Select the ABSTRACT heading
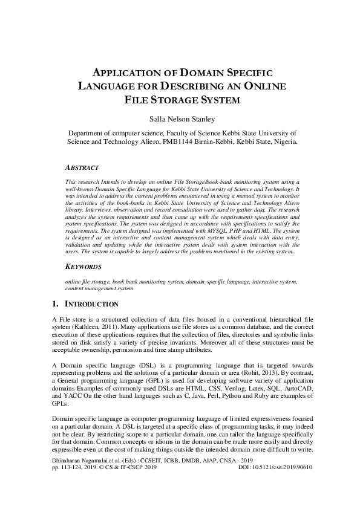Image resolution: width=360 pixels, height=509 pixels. click(x=82, y=167)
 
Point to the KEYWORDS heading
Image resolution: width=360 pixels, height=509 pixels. click(x=83, y=267)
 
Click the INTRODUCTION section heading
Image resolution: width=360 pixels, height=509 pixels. click(x=91, y=304)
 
